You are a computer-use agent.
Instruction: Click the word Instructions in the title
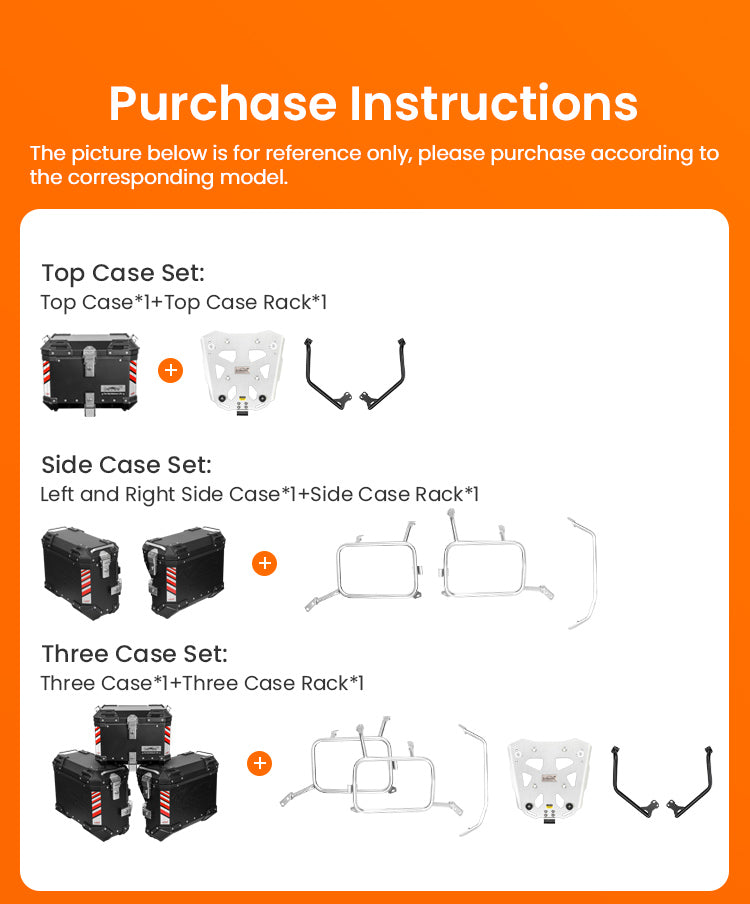pyautogui.click(x=494, y=103)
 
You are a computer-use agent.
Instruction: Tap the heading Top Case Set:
pyautogui.click(x=123, y=273)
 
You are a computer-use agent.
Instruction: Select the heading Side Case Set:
pyautogui.click(x=126, y=465)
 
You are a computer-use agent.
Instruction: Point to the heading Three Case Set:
pyautogui.click(x=134, y=654)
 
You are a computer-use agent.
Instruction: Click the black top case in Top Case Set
pyautogui.click(x=90, y=372)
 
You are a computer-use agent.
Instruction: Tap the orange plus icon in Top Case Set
pyautogui.click(x=171, y=370)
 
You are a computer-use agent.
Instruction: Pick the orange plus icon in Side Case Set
pyautogui.click(x=265, y=563)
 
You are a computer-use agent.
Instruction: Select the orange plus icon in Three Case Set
pyautogui.click(x=259, y=763)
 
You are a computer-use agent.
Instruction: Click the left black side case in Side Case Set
pyautogui.click(x=81, y=572)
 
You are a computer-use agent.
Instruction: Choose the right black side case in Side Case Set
pyautogui.click(x=184, y=571)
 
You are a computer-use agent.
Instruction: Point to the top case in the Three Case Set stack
pyautogui.click(x=133, y=733)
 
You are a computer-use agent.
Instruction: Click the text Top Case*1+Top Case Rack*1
pyautogui.click(x=184, y=302)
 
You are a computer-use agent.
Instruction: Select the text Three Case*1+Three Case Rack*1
pyautogui.click(x=202, y=683)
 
